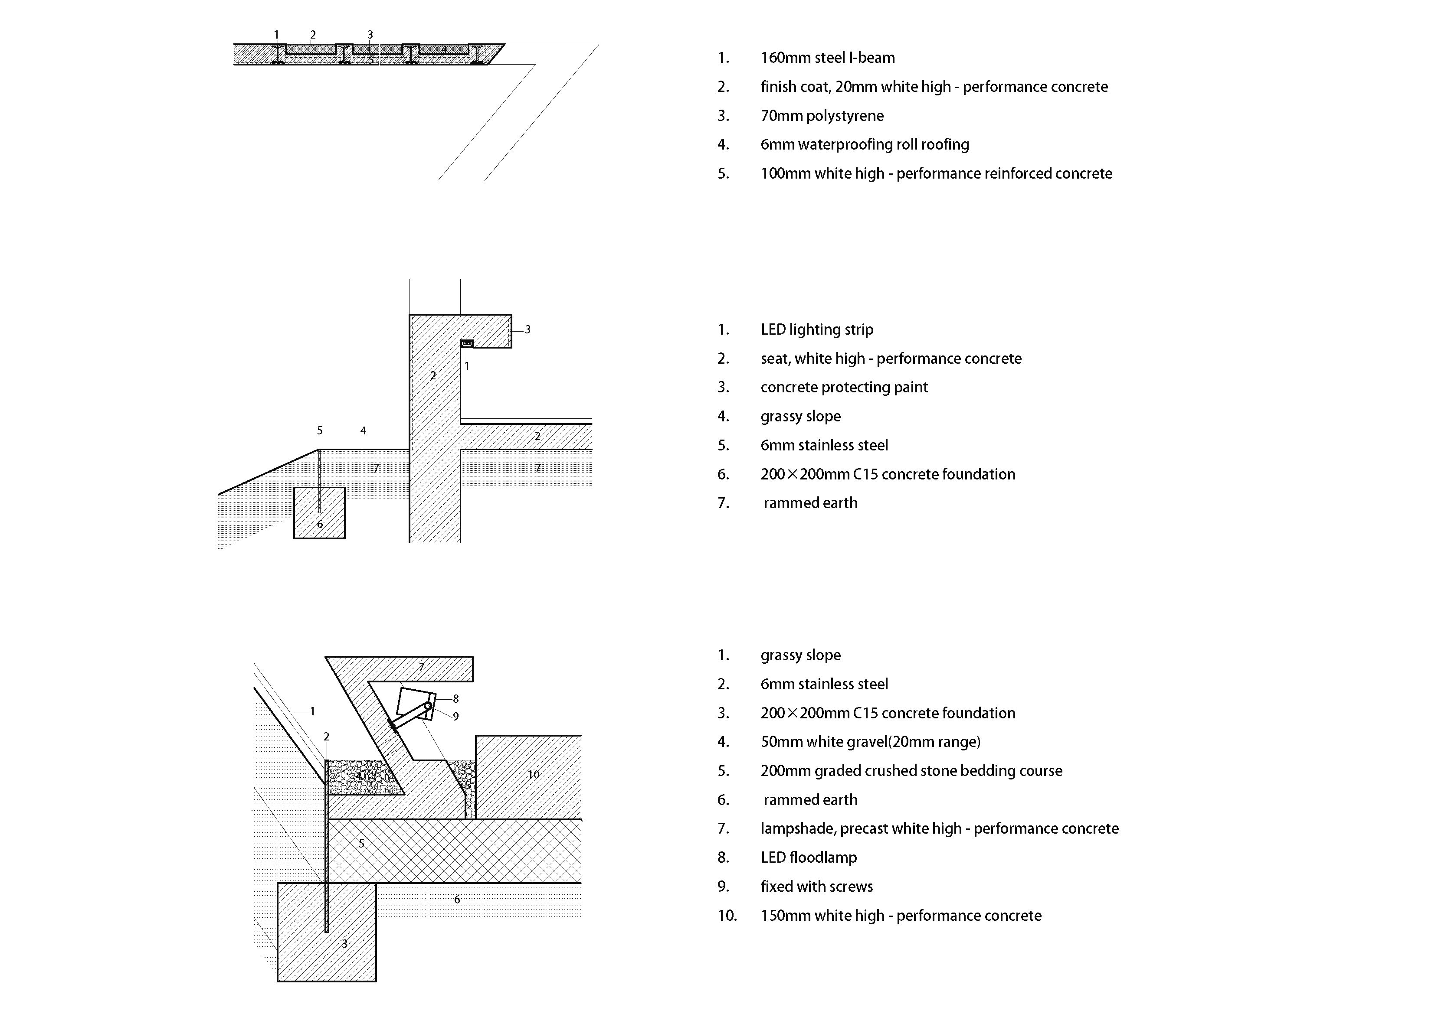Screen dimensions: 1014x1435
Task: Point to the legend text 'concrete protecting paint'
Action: [844, 388]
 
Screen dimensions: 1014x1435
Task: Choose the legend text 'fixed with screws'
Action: [816, 887]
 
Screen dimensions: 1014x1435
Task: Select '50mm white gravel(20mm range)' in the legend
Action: [870, 742]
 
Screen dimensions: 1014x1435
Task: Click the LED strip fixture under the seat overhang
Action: [467, 344]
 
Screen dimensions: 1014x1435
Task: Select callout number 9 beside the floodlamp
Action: [455, 717]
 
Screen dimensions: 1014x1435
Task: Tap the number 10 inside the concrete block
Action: [533, 775]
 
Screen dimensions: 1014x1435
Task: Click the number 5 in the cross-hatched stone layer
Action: [361, 844]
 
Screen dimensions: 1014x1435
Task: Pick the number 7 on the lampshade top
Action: [421, 667]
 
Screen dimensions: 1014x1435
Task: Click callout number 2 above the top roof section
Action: [313, 35]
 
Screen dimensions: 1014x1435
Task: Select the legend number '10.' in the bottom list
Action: [727, 916]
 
